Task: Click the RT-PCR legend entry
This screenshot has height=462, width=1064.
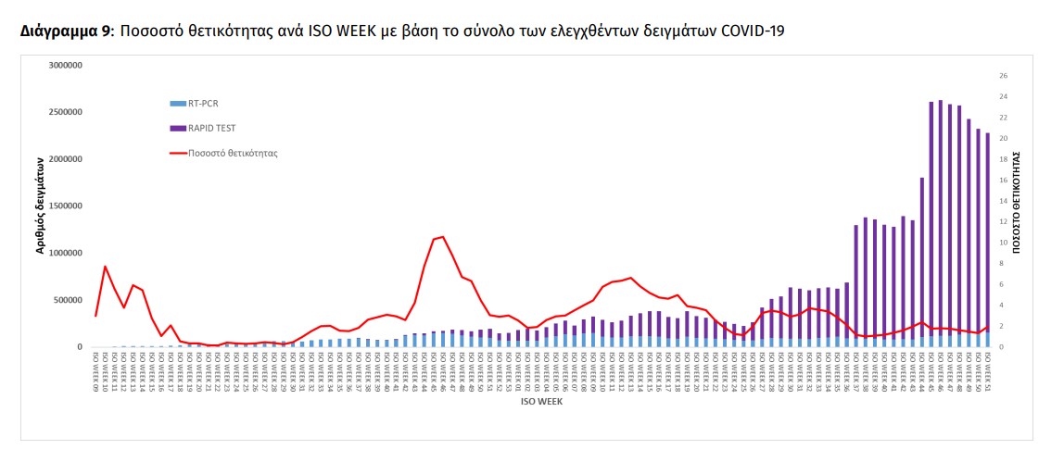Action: [202, 104]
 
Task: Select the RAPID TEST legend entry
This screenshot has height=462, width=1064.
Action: [209, 129]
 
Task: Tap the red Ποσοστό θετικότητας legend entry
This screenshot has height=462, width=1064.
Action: [232, 153]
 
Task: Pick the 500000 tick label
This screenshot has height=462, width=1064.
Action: [67, 300]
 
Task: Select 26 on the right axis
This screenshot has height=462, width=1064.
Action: [1003, 76]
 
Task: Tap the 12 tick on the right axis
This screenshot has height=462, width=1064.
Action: [1003, 222]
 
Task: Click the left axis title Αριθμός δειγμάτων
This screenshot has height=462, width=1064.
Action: [41, 206]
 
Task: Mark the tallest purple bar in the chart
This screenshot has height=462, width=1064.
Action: [940, 222]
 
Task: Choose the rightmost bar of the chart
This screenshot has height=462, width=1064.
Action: [987, 241]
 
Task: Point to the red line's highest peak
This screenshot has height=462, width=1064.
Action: [443, 237]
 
